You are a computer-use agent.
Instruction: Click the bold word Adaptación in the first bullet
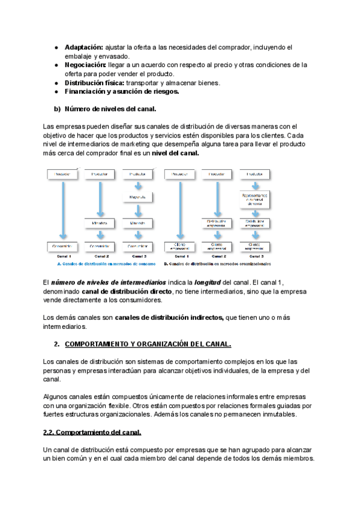point(84,47)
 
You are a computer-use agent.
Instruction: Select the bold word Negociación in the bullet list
point(86,65)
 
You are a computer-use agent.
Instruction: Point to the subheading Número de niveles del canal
point(110,109)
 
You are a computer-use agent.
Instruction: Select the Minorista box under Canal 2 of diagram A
point(99,223)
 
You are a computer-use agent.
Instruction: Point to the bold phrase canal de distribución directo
point(124,291)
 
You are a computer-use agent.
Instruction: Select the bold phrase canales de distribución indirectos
point(169,318)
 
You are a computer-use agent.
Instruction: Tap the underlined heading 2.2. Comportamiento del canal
point(92,433)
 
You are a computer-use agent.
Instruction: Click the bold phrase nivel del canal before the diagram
point(175,153)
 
